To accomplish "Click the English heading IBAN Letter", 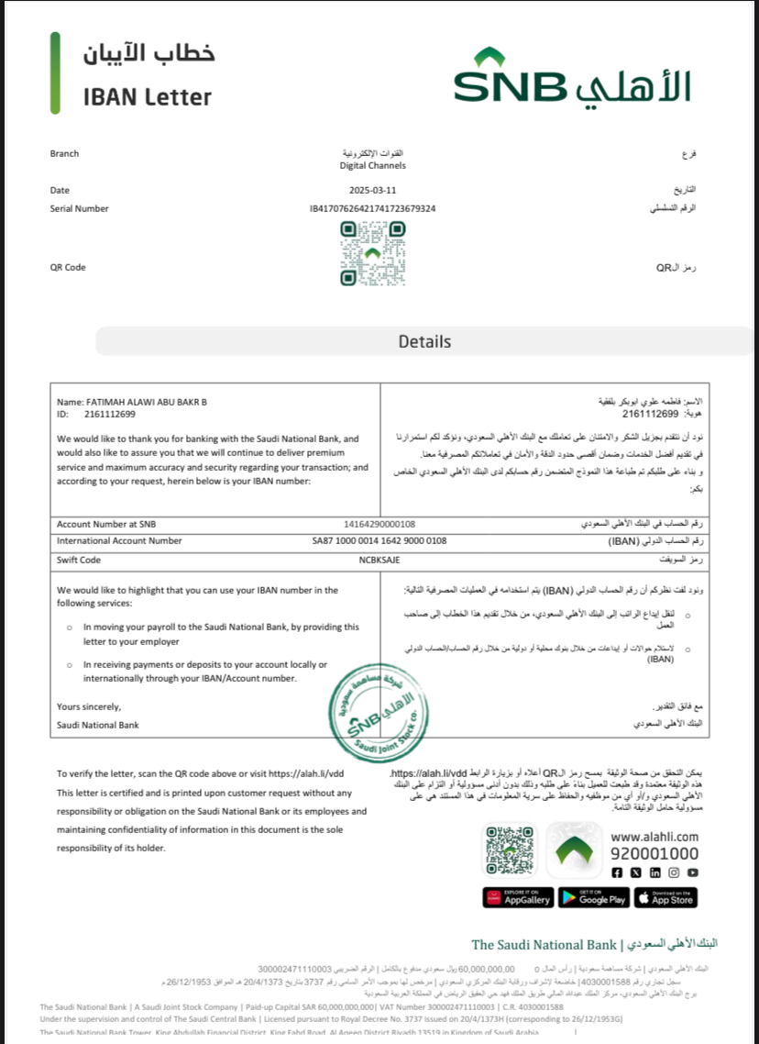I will pyautogui.click(x=147, y=96).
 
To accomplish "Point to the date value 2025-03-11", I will pyautogui.click(x=372, y=190).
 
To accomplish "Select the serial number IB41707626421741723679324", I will pyautogui.click(x=372, y=209).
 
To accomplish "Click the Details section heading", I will pyautogui.click(x=424, y=341).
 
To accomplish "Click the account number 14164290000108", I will pyautogui.click(x=379, y=524).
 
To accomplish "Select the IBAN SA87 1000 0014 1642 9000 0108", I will pyautogui.click(x=379, y=541).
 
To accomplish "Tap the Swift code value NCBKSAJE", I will pyautogui.click(x=379, y=560).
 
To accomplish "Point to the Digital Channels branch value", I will pyautogui.click(x=372, y=166).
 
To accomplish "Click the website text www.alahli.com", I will pyautogui.click(x=654, y=837).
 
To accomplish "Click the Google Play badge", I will pyautogui.click(x=593, y=897).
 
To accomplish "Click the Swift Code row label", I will pyautogui.click(x=79, y=560).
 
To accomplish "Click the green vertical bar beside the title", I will pyautogui.click(x=55, y=73).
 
